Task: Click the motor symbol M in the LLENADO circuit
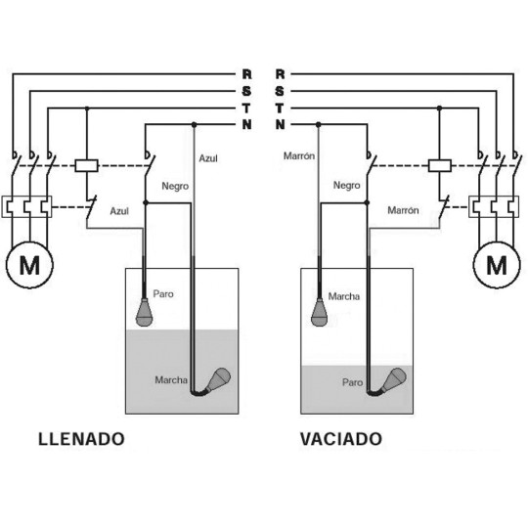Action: [29, 265]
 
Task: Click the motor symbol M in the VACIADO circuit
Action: [497, 265]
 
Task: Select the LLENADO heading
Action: [81, 439]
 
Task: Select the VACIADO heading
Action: [341, 439]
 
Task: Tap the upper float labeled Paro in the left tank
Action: [145, 312]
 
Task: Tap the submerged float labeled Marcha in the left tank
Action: [218, 380]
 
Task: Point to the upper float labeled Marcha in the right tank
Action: [319, 312]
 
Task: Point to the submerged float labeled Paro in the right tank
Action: [393, 380]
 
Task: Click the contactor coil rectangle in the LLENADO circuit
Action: [87, 165]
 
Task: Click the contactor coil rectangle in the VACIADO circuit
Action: [439, 165]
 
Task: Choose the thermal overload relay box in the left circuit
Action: [26, 206]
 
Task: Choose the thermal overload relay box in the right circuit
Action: [494, 206]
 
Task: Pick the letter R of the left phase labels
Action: [246, 73]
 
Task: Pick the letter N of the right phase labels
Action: [281, 124]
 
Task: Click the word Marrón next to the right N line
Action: [299, 155]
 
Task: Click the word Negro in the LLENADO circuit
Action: [175, 186]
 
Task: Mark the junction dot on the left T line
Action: [87, 109]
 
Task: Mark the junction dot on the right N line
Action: [318, 125]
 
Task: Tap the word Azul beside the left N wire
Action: [208, 158]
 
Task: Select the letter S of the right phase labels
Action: [280, 91]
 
